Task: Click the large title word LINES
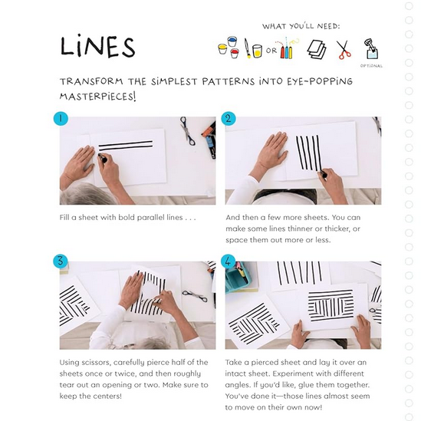pyautogui.click(x=97, y=46)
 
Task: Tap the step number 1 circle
pyautogui.click(x=61, y=119)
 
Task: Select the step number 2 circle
pyautogui.click(x=229, y=119)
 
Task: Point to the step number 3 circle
pyautogui.click(x=61, y=261)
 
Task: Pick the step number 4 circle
pyautogui.click(x=229, y=261)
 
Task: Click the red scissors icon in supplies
pyautogui.click(x=344, y=50)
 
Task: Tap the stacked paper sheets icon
pyautogui.click(x=317, y=49)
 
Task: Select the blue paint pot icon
pyautogui.click(x=232, y=41)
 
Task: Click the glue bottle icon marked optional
pyautogui.click(x=371, y=48)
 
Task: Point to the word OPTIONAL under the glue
pyautogui.click(x=371, y=66)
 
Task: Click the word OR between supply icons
pyautogui.click(x=271, y=51)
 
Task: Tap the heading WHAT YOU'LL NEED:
pyautogui.click(x=301, y=26)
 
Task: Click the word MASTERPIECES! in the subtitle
pyautogui.click(x=97, y=96)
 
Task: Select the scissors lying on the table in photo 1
pyautogui.click(x=187, y=131)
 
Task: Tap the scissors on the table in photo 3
pyautogui.click(x=195, y=295)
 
